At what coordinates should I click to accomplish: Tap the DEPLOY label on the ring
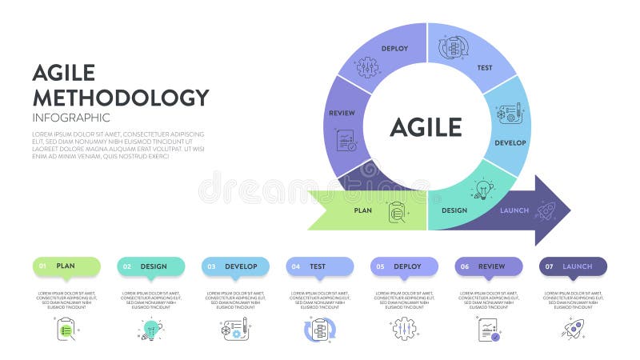pyautogui.click(x=394, y=48)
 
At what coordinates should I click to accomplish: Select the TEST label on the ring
pyautogui.click(x=484, y=68)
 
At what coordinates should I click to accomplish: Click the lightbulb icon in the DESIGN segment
pyautogui.click(x=482, y=189)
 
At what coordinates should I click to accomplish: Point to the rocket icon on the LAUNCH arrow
pyautogui.click(x=546, y=210)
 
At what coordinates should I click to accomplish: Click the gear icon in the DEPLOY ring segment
pyautogui.click(x=367, y=66)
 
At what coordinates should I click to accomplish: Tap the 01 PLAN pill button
pyautogui.click(x=66, y=266)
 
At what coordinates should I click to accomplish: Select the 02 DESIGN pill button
pyautogui.click(x=151, y=266)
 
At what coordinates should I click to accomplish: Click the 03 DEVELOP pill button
pyautogui.click(x=235, y=266)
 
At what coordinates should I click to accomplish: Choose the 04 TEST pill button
pyautogui.click(x=320, y=266)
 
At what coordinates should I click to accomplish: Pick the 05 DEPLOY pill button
pyautogui.click(x=404, y=266)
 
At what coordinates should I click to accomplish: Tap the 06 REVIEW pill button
pyautogui.click(x=489, y=266)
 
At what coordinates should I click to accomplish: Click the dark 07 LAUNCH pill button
pyautogui.click(x=573, y=266)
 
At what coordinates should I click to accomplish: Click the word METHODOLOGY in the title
pyautogui.click(x=120, y=98)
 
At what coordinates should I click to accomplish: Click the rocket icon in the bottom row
pyautogui.click(x=573, y=328)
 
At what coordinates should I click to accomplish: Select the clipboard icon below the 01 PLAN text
pyautogui.click(x=66, y=329)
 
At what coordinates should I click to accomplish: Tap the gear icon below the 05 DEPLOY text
pyautogui.click(x=404, y=329)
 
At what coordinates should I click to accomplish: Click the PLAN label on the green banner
pyautogui.click(x=362, y=210)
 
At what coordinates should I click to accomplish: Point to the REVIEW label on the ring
pyautogui.click(x=342, y=113)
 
